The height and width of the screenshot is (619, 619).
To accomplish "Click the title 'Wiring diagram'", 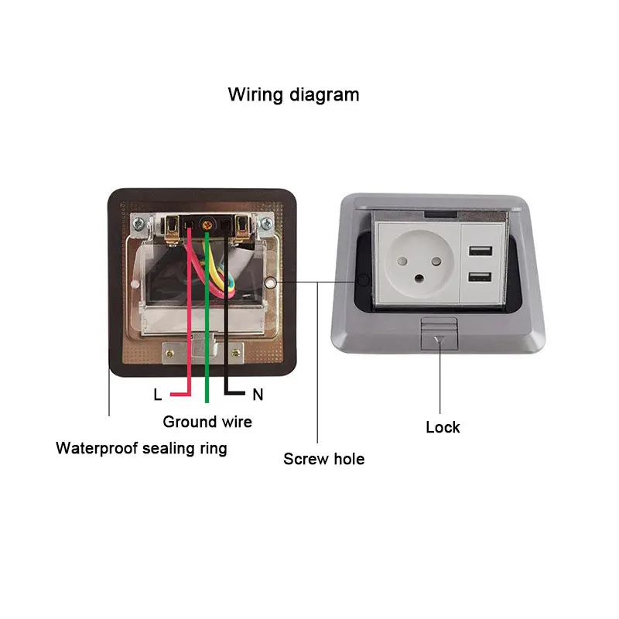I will (293, 95).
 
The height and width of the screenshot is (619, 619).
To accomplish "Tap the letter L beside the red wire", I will (158, 395).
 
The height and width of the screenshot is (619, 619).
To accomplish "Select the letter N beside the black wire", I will (258, 395).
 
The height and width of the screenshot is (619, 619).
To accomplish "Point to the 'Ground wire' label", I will (207, 422).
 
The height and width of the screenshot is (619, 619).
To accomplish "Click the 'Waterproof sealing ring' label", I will (142, 448).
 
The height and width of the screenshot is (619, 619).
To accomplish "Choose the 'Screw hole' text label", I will (323, 459).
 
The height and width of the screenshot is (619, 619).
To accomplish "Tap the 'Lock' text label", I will (443, 427).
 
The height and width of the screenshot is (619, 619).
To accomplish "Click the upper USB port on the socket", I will (477, 251).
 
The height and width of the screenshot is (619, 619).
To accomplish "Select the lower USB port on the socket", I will (477, 278).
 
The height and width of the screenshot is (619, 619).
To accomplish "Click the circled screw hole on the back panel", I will (269, 283).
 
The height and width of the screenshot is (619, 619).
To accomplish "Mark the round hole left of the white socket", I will (364, 280).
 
